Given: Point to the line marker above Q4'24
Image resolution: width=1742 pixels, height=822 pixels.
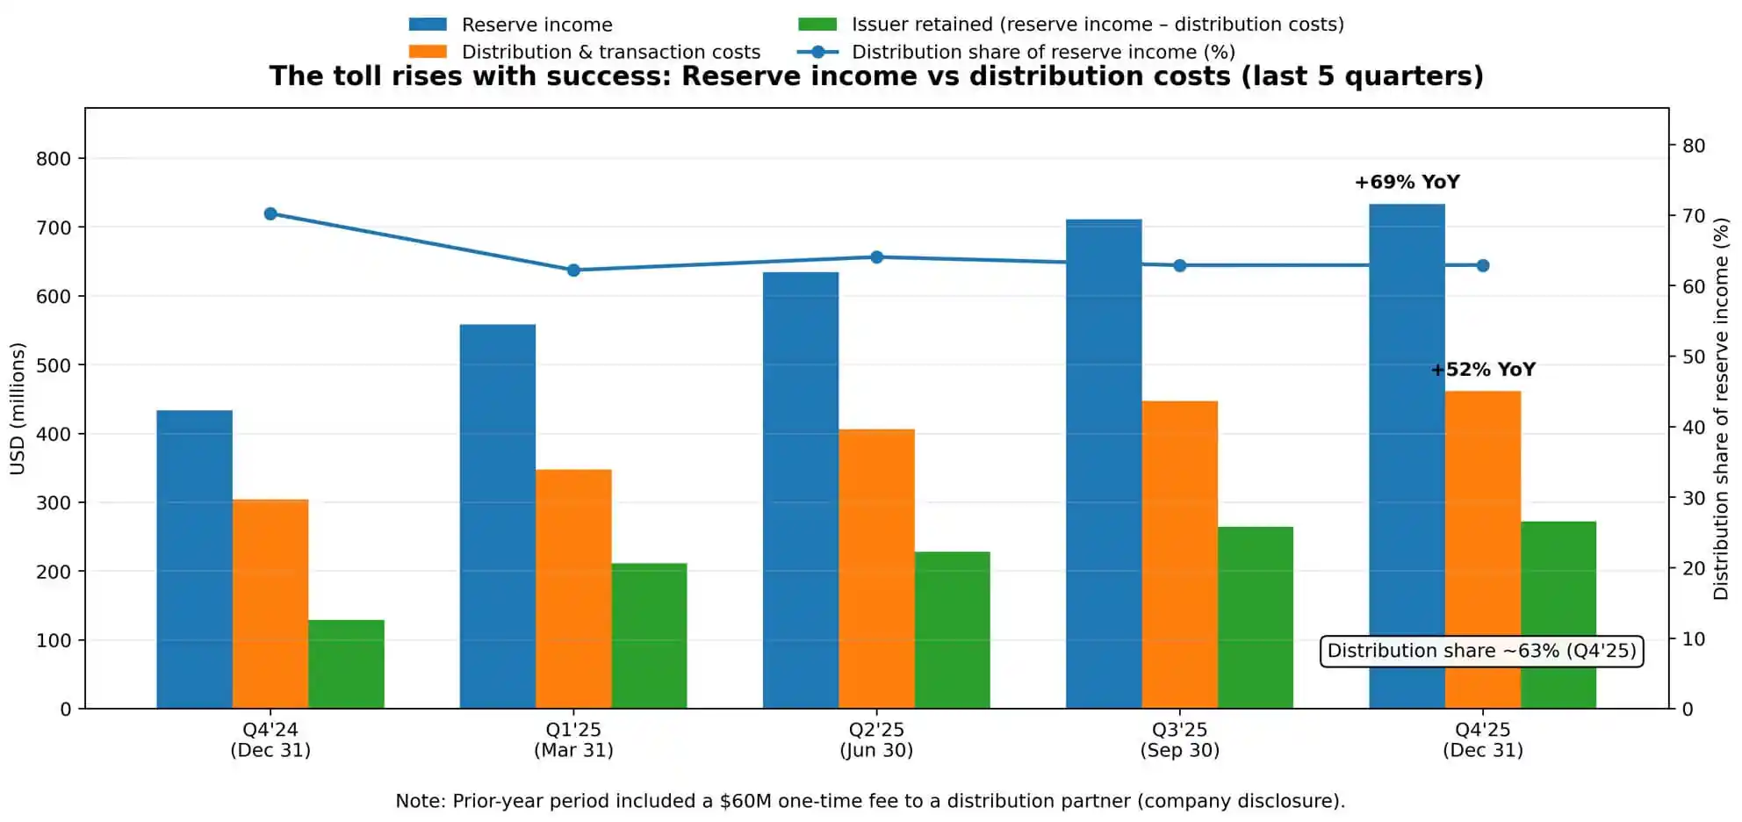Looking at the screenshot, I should pos(270,214).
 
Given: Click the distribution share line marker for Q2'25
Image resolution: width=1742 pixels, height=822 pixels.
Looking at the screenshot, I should pos(876,257).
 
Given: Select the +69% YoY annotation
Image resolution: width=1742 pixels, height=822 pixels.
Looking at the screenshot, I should pos(1407,183).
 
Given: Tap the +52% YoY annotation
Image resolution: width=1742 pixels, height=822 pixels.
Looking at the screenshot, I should pos(1483,370).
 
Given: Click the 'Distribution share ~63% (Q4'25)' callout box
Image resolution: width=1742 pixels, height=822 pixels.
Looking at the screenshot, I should pos(1481,651).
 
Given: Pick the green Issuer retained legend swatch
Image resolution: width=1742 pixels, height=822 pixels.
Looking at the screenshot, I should pos(817,25).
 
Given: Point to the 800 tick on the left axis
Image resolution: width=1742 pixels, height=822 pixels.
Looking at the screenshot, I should pos(54,159).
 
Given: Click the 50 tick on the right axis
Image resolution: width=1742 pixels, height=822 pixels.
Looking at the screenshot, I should pos(1693,357).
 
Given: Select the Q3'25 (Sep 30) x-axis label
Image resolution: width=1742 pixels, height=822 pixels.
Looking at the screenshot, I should pos(1179,739).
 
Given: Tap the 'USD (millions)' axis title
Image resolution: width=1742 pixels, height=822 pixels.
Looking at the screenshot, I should pos(18,408).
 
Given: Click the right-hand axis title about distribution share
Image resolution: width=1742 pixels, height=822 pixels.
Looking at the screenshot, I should pos(1721,408).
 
